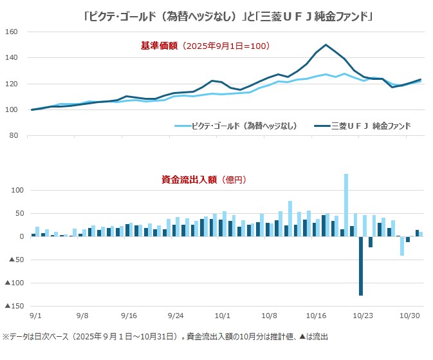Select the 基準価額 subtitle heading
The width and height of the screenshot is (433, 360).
[x=205, y=46]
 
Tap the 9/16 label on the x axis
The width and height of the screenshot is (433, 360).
[x=128, y=316]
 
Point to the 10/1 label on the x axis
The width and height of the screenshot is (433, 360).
[x=223, y=316]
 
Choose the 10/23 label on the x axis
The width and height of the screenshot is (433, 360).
[x=364, y=316]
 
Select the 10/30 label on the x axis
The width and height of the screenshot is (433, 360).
[x=410, y=316]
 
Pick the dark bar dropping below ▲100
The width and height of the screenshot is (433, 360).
[x=361, y=266]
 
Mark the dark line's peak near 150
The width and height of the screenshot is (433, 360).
[x=326, y=45]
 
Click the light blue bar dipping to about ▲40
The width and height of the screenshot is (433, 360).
[x=402, y=246]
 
